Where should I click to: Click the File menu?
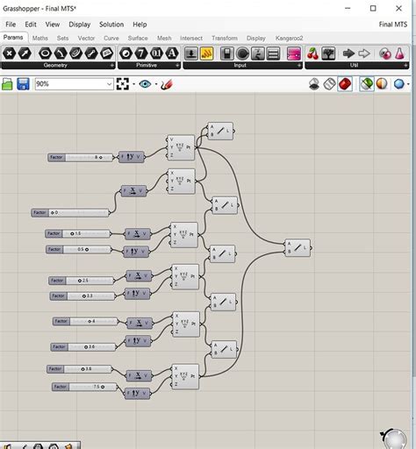(11, 25)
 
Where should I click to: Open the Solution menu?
(111, 25)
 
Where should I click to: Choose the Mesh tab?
(164, 39)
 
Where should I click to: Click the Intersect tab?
(190, 39)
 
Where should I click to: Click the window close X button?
(400, 8)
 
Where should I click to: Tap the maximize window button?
(373, 8)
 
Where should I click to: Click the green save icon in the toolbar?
(8, 84)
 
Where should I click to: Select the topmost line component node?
(220, 132)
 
